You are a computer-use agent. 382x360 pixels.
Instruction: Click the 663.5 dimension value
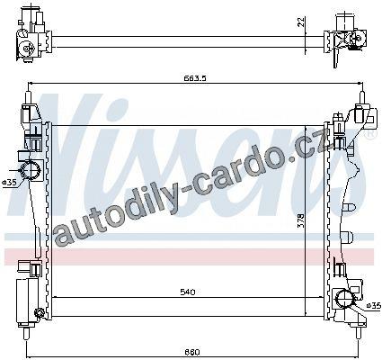pos(195,78)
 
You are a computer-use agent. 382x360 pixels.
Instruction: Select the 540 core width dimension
pos(188,292)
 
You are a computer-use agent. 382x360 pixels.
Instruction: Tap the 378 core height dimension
pos(301,220)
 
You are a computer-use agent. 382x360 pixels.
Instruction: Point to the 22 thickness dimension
pos(301,22)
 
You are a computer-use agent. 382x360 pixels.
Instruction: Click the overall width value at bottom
pos(192,352)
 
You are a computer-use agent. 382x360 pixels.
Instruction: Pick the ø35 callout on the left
pos(9,182)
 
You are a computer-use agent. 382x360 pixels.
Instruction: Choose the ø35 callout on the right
pos(374,305)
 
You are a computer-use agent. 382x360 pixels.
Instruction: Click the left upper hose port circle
pos(30,170)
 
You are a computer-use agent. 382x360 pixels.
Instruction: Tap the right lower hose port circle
pos(345,299)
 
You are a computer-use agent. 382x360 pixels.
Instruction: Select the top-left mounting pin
pos(28,97)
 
